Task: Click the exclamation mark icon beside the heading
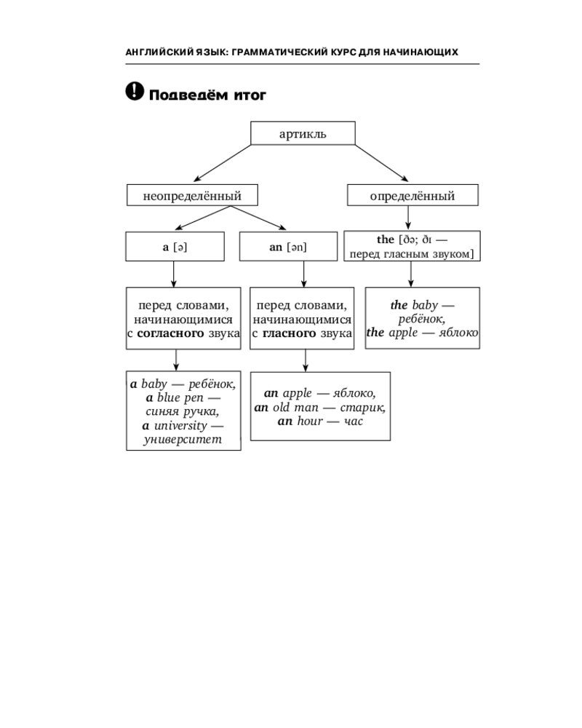[135, 91]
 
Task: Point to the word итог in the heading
[250, 95]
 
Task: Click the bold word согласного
[170, 333]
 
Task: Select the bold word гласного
[289, 333]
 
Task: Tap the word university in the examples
[180, 426]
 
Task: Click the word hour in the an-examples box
[310, 421]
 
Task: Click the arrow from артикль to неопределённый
[223, 163]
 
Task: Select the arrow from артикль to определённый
[381, 163]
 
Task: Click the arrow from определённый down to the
[408, 217]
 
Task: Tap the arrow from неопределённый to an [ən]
[258, 218]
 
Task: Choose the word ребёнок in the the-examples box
[421, 319]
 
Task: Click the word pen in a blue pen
[194, 398]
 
